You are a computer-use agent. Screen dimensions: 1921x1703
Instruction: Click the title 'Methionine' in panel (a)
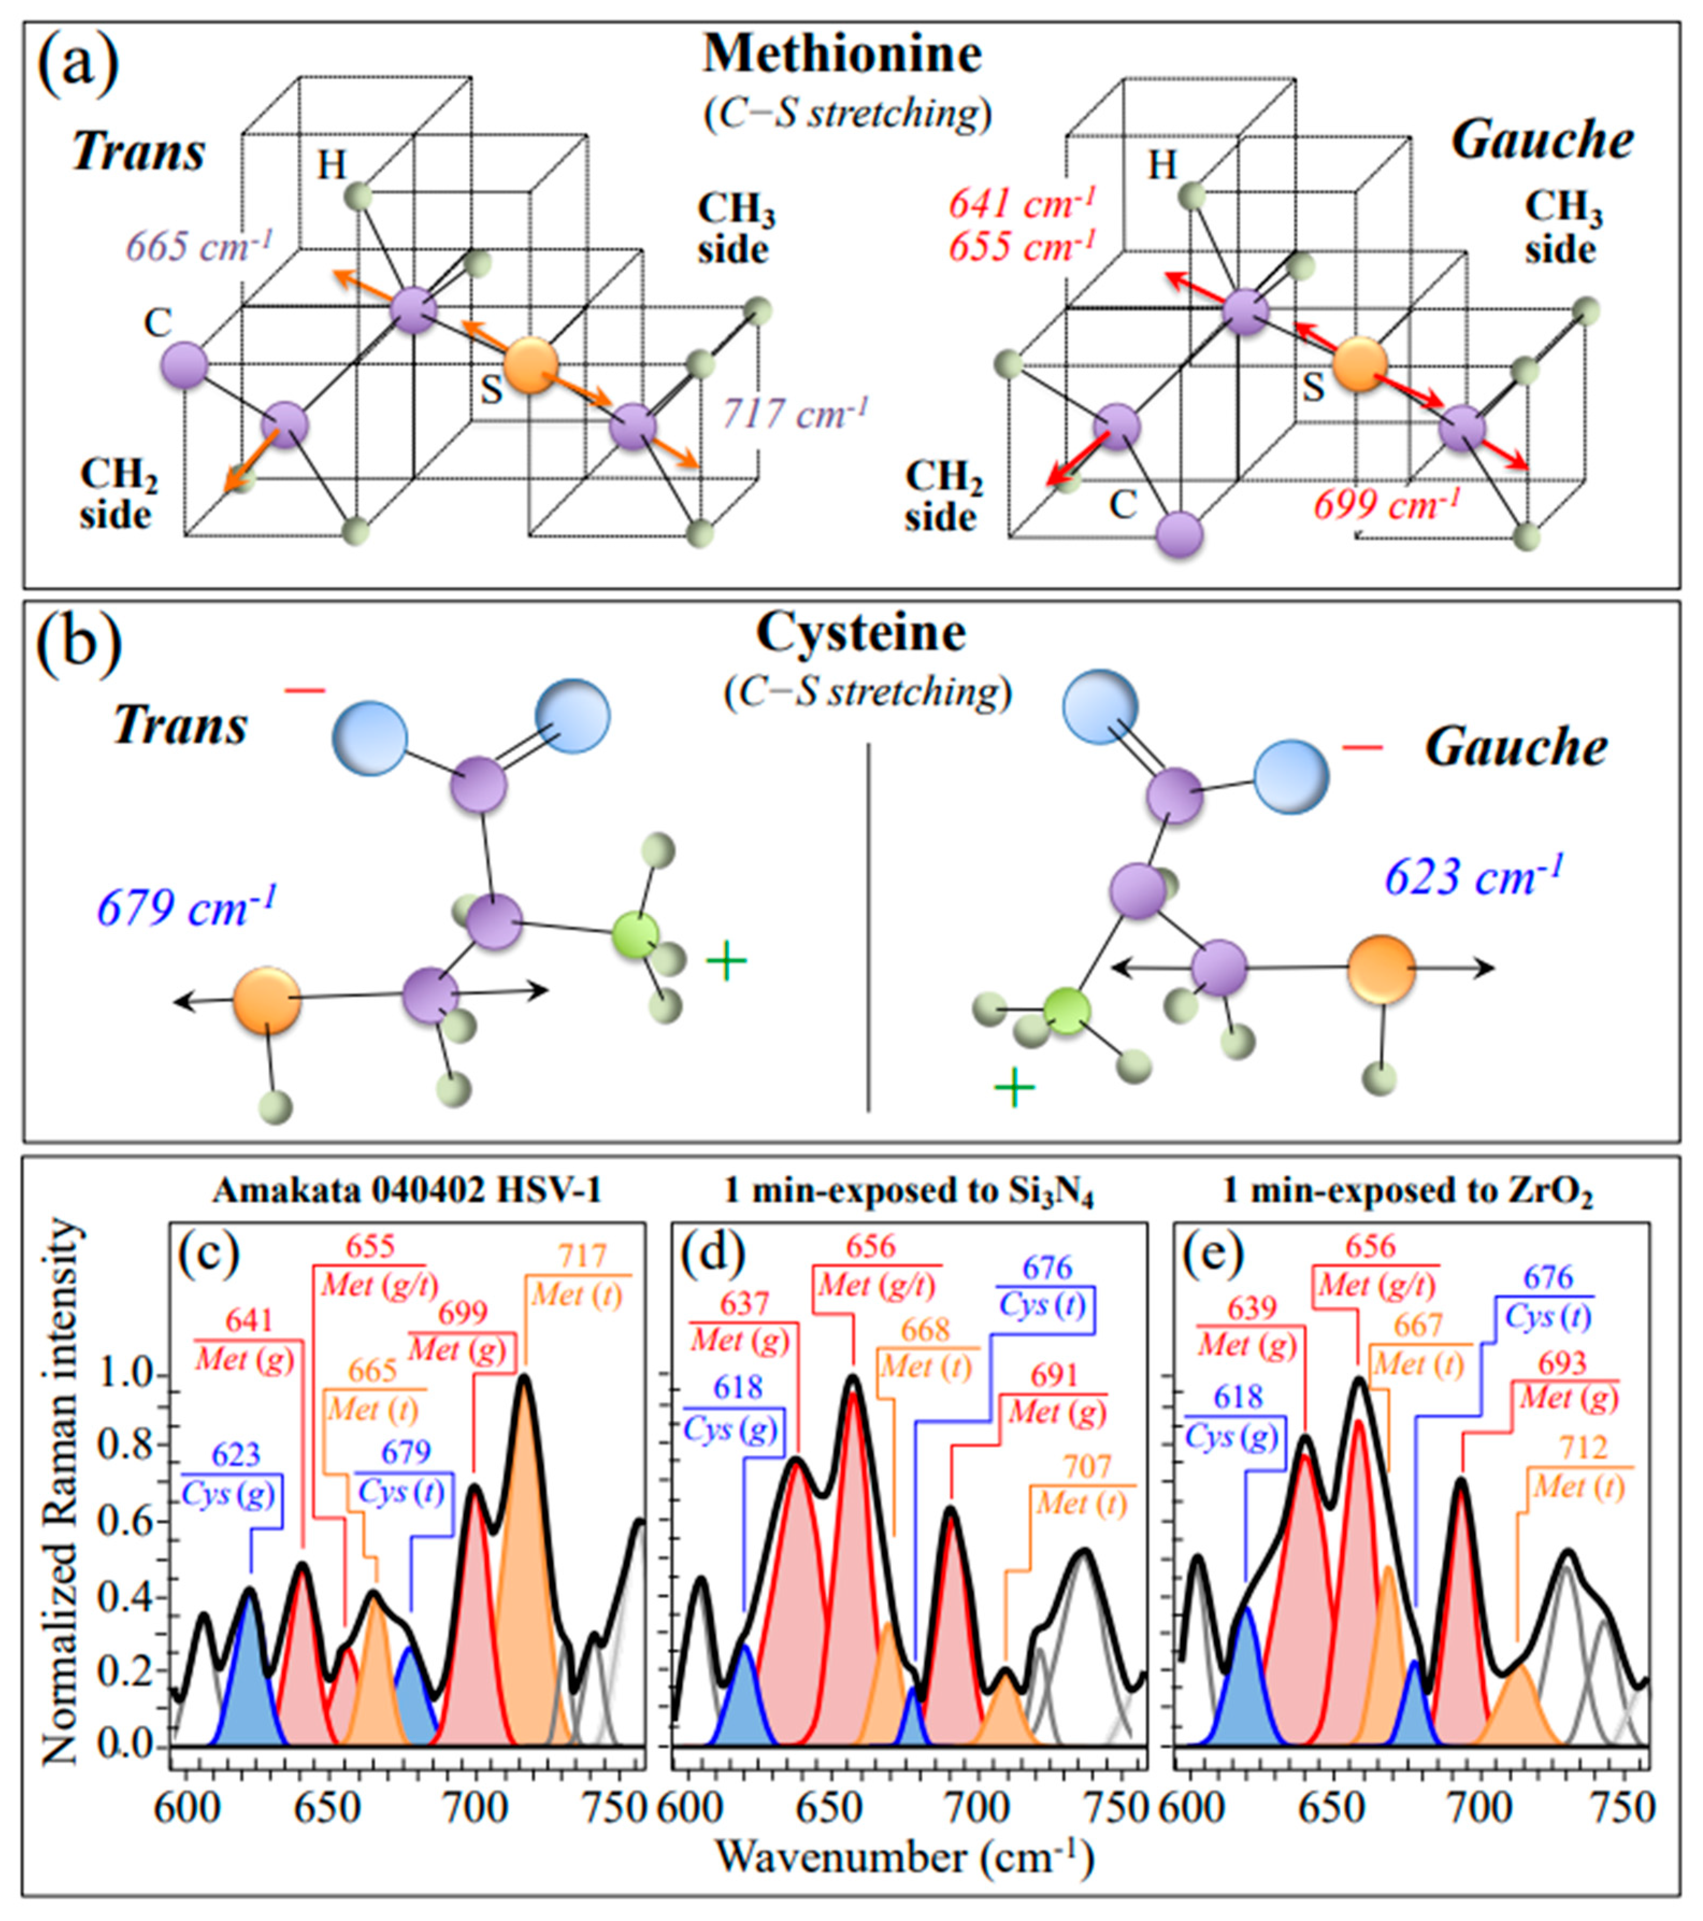[842, 54]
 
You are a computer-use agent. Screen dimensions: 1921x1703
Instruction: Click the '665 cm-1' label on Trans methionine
[200, 247]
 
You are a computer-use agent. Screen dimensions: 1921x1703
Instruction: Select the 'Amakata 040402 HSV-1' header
[406, 1192]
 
